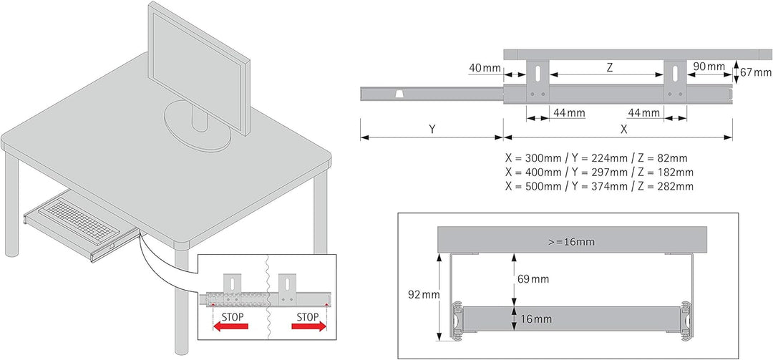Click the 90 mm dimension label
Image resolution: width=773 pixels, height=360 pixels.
709,67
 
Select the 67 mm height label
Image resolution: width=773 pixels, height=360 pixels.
757,72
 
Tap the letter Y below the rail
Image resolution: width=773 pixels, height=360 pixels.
432,130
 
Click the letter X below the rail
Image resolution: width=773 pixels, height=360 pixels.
623,130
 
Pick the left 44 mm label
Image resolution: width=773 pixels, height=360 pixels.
568,112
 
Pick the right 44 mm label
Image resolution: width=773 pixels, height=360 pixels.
643,112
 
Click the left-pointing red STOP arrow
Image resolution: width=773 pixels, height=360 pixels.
230,326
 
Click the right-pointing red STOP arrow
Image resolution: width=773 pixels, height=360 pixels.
308,326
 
